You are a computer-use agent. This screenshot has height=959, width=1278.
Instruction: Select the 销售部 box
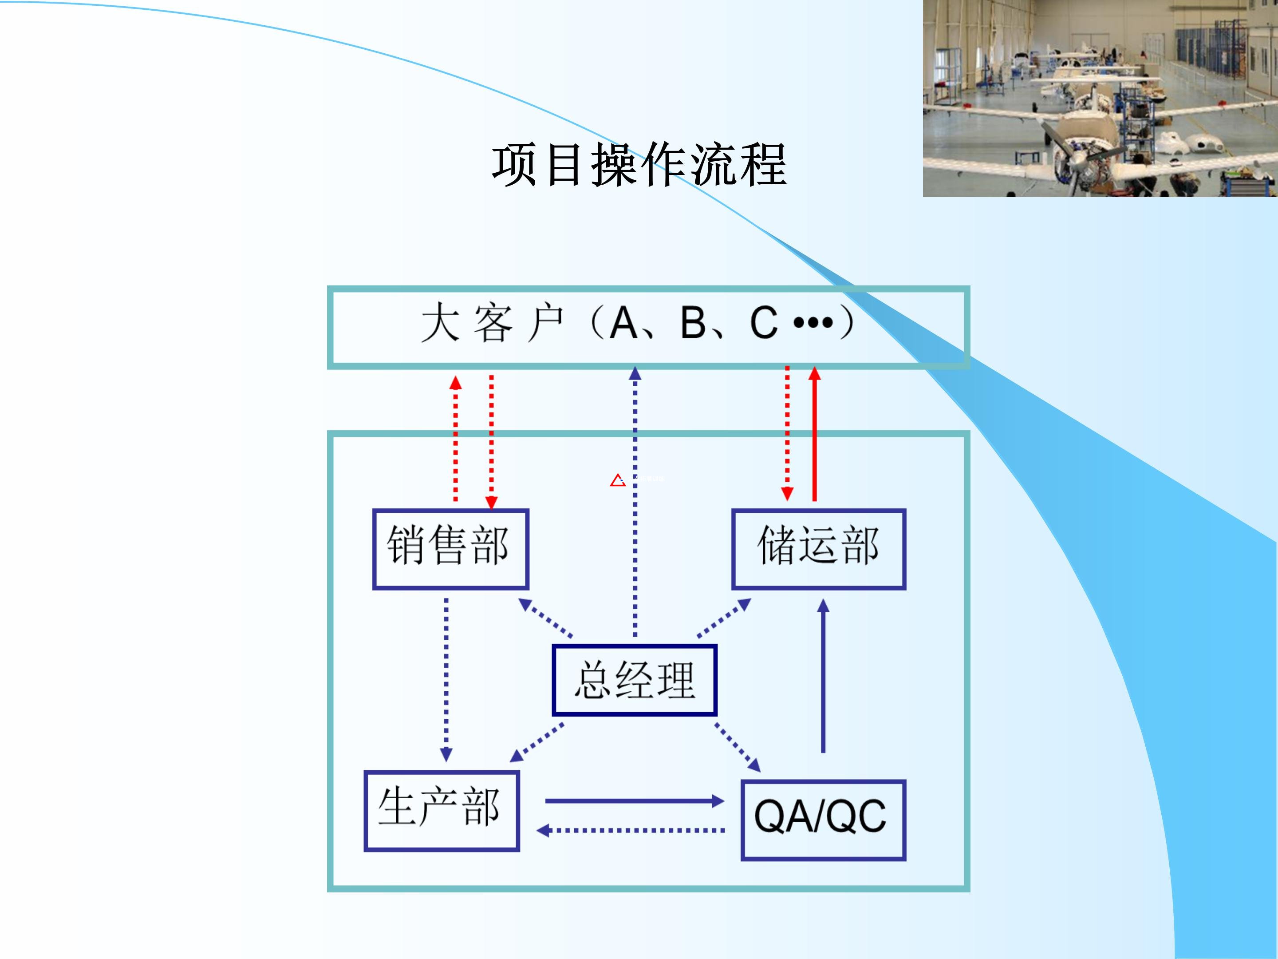coord(450,549)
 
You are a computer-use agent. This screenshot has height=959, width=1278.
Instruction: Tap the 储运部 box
coord(819,549)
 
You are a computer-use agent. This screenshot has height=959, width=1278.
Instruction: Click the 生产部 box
coord(442,810)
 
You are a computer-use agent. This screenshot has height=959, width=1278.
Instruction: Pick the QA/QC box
coord(823,820)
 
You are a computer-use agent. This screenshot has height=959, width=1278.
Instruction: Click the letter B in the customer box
coord(693,323)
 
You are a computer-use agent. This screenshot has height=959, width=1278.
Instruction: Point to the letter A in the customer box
coord(623,323)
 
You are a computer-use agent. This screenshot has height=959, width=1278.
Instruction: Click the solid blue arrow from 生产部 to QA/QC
coord(634,800)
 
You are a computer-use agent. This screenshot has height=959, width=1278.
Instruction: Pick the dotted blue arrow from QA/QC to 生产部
coord(631,831)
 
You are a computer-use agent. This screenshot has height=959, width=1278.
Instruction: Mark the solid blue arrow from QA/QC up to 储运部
coord(823,676)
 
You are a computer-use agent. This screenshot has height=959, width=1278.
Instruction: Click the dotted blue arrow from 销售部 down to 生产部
coord(446,679)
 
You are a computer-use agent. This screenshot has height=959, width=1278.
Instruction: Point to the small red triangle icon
coord(618,480)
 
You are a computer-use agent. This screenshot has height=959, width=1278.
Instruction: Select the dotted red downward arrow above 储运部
coord(787,433)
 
